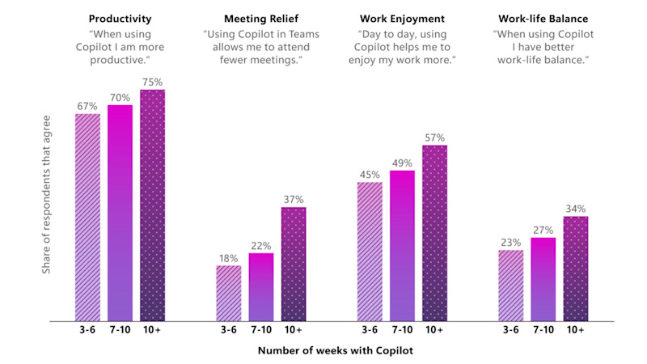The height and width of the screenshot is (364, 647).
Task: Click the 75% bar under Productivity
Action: (x=152, y=205)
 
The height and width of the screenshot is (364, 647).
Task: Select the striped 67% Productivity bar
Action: (x=87, y=217)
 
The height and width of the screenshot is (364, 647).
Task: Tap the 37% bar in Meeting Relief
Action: (x=294, y=265)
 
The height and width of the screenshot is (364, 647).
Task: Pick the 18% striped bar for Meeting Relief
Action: (x=229, y=294)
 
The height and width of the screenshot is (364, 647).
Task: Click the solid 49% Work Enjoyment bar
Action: (x=402, y=246)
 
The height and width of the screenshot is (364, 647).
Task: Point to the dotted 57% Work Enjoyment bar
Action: (x=434, y=234)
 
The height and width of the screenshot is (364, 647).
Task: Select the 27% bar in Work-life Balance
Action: (x=543, y=279)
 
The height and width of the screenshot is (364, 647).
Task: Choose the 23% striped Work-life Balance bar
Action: (x=511, y=286)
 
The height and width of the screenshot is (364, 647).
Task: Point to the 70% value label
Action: (x=120, y=96)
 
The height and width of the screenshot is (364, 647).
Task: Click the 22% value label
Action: (x=261, y=245)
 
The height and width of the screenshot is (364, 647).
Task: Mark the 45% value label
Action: (x=370, y=173)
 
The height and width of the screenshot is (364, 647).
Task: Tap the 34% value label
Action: (x=576, y=208)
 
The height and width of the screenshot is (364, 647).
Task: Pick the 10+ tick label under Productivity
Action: (x=152, y=330)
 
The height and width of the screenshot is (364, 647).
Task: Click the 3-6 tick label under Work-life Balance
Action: (x=511, y=330)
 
